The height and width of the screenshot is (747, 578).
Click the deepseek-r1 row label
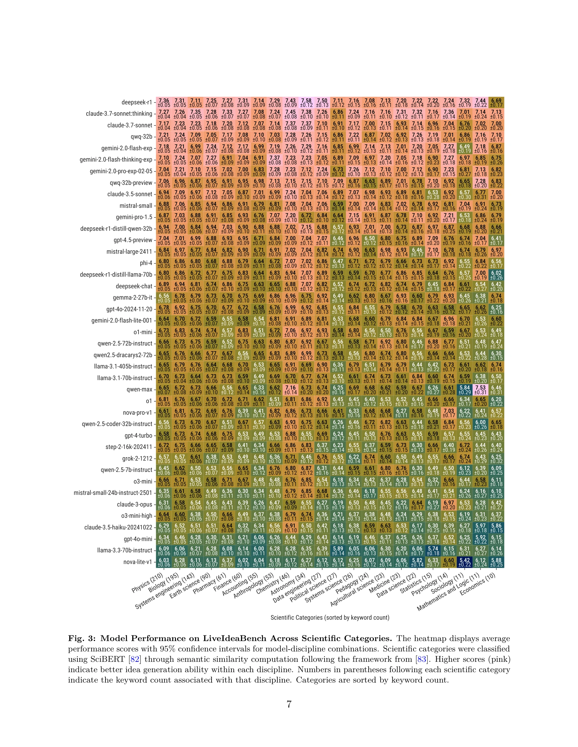[137, 102]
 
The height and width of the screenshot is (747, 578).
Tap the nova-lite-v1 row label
[137, 562]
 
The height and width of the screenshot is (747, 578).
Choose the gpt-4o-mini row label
[138, 539]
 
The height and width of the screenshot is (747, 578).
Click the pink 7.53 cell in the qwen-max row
[480, 390]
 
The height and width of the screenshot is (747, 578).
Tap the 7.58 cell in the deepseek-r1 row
[306, 102]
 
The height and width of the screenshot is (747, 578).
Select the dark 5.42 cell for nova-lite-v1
[465, 562]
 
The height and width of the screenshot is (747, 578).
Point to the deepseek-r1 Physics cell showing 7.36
[164, 102]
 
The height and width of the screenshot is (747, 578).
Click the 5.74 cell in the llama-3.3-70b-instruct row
[433, 550]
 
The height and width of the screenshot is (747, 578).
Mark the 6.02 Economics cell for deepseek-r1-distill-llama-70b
[496, 275]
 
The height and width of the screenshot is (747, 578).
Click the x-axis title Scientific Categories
[330, 617]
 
